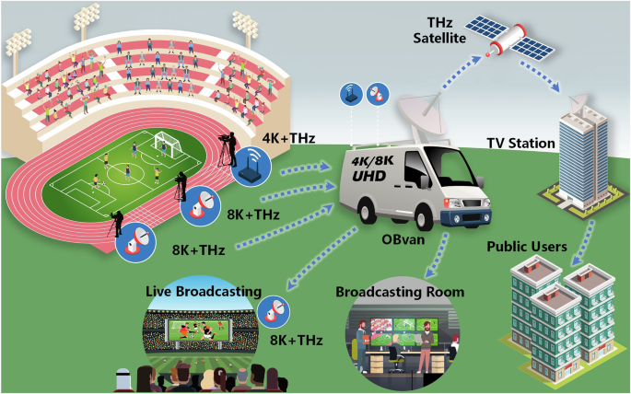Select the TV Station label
click(x=520, y=144)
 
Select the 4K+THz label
click(x=289, y=138)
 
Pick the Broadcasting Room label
click(x=399, y=292)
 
